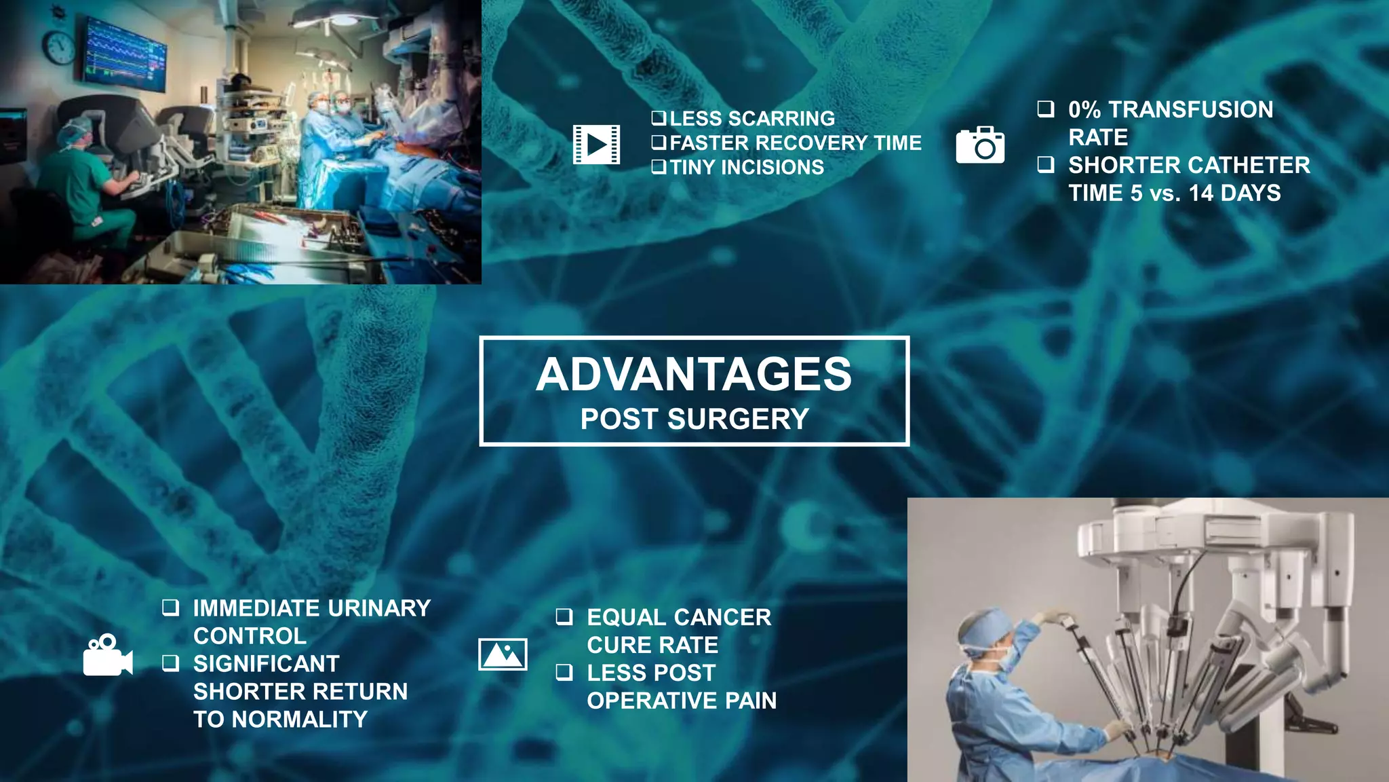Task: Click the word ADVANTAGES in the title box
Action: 694,375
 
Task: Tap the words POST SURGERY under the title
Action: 694,419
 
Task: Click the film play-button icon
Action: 596,144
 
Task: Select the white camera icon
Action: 980,145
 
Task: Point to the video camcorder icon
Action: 107,656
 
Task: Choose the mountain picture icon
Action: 503,654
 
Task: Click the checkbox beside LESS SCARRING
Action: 659,118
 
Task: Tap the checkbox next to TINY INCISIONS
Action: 659,167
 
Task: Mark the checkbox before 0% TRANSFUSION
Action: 1046,109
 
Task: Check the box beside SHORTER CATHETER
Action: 1046,164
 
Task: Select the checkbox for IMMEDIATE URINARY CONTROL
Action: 171,608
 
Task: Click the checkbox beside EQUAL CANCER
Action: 564,616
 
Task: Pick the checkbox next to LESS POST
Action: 564,672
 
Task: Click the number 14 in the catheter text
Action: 1200,193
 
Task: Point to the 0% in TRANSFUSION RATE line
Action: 1084,109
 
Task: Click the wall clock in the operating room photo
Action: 60,48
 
